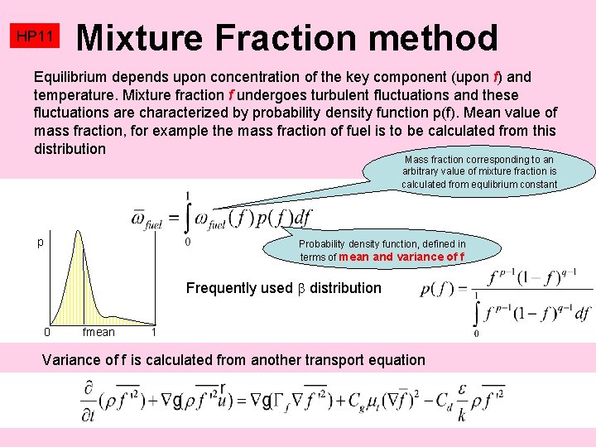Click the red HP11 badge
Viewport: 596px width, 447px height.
tap(36, 37)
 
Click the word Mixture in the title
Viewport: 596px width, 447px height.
tap(138, 37)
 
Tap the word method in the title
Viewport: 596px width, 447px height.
tap(430, 37)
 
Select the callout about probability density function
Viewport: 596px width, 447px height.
tap(382, 250)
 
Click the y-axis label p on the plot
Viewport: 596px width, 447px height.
tap(40, 243)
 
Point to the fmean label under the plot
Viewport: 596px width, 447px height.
tap(99, 333)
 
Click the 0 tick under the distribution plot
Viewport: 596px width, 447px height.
tap(47, 333)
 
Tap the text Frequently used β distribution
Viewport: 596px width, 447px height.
tap(284, 288)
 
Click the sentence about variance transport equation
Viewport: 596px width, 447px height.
tap(233, 360)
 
